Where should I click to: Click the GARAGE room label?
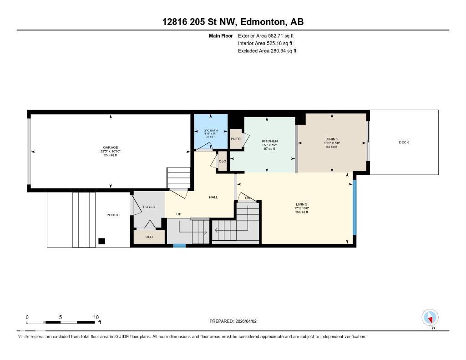coord(110,147)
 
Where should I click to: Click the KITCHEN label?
coord(269,141)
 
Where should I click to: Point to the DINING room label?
coord(332,139)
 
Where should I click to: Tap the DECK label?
coord(404,142)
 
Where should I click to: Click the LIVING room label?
coord(301,204)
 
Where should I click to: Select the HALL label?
coord(213,197)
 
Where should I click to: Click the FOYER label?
coord(149,207)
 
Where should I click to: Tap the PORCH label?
coord(113,215)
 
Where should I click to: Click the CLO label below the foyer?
coord(149,237)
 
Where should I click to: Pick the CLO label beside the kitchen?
coord(223,162)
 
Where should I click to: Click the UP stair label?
coord(180,214)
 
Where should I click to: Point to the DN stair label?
coord(248,198)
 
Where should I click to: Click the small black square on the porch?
coord(102,241)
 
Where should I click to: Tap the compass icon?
coord(430,317)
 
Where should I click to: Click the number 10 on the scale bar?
coord(96,317)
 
